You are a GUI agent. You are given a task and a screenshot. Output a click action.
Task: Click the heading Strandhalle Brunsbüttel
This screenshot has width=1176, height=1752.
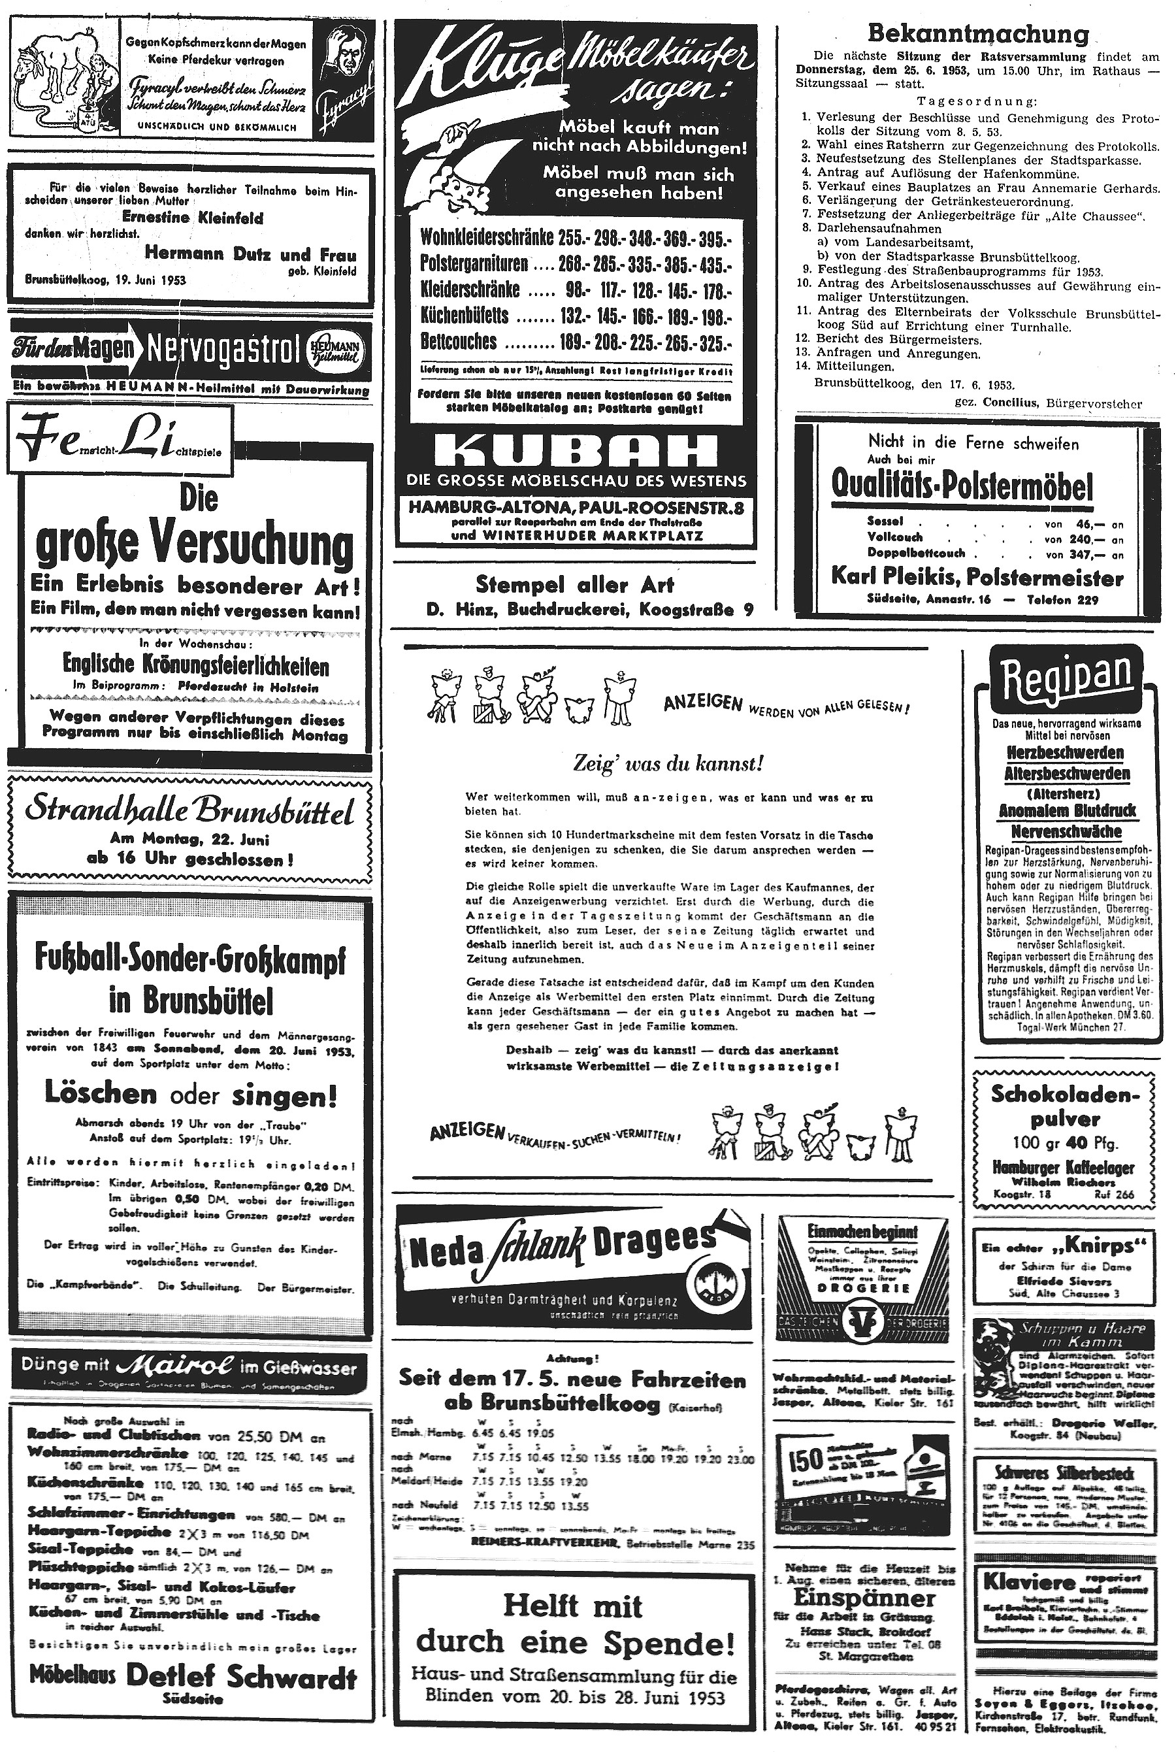click(x=189, y=814)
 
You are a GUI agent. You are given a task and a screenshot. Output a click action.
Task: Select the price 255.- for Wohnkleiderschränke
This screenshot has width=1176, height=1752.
click(x=574, y=239)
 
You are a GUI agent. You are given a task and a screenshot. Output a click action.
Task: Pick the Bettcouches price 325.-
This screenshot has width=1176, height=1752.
click(x=715, y=344)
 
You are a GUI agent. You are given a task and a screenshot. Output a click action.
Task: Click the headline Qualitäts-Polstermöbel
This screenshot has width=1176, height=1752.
click(x=962, y=487)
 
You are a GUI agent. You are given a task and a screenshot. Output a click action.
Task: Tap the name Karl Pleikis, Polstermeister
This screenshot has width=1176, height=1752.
click(x=977, y=578)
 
